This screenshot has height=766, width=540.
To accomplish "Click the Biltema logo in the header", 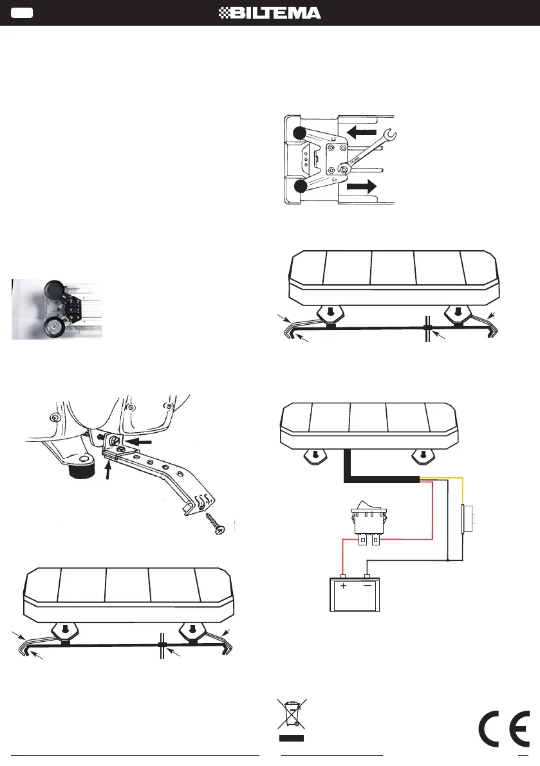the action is pyautogui.click(x=270, y=14).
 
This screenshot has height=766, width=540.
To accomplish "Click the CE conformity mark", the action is pyautogui.click(x=504, y=729).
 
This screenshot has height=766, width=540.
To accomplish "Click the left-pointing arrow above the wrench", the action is pyautogui.click(x=362, y=131).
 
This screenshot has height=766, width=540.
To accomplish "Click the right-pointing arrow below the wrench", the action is pyautogui.click(x=362, y=187).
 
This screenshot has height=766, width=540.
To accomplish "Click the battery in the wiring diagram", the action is pyautogui.click(x=355, y=593).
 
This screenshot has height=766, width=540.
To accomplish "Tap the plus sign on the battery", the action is pyautogui.click(x=344, y=586).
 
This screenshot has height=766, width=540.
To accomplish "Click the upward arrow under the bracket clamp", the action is pyautogui.click(x=108, y=470).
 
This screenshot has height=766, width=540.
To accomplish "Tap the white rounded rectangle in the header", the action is pyautogui.click(x=22, y=14).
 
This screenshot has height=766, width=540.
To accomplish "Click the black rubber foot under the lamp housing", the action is pyautogui.click(x=81, y=471).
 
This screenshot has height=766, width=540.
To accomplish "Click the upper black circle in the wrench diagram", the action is pyautogui.click(x=299, y=133).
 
